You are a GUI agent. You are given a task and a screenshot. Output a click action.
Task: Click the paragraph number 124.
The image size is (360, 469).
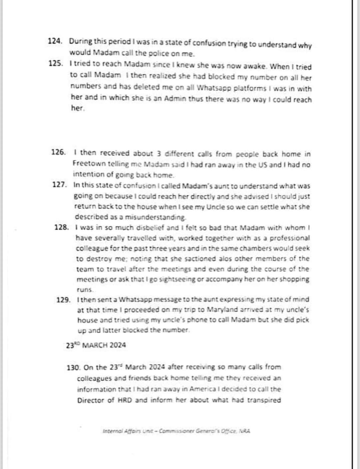coord(55,41)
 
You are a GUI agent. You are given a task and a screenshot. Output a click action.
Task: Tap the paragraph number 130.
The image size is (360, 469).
coord(73,367)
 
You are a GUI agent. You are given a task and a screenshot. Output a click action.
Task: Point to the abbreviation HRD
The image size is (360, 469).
coord(126,400)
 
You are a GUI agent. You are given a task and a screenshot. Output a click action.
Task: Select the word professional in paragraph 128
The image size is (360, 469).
coord(289,238)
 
